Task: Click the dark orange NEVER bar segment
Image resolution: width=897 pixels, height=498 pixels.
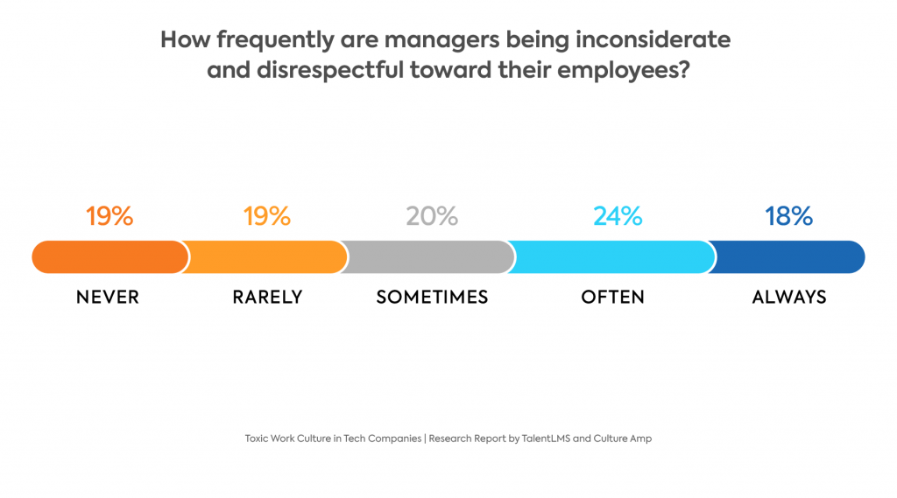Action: coord(109,257)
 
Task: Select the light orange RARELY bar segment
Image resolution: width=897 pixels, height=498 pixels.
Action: coord(267,257)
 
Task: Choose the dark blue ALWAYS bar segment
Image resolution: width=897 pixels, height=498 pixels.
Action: coord(788,257)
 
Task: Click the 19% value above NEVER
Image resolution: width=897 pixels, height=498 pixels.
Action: coord(109,216)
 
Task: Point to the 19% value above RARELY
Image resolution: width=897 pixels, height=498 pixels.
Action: coord(267,216)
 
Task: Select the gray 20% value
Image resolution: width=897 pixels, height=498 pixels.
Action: coord(432,216)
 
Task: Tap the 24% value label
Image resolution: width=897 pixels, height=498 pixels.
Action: coord(618,216)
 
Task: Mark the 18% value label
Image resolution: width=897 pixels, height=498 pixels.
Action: coord(788,216)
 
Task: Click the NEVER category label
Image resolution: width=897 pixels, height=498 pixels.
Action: coord(108,298)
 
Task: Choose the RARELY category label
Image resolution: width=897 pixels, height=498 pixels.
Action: coord(267,298)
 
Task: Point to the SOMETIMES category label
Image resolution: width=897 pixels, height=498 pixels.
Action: coord(432,298)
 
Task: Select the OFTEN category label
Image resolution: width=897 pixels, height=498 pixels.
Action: coord(612,298)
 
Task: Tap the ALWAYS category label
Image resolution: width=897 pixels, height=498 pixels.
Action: coord(788,298)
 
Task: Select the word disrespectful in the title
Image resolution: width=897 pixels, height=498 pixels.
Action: coord(319,71)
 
